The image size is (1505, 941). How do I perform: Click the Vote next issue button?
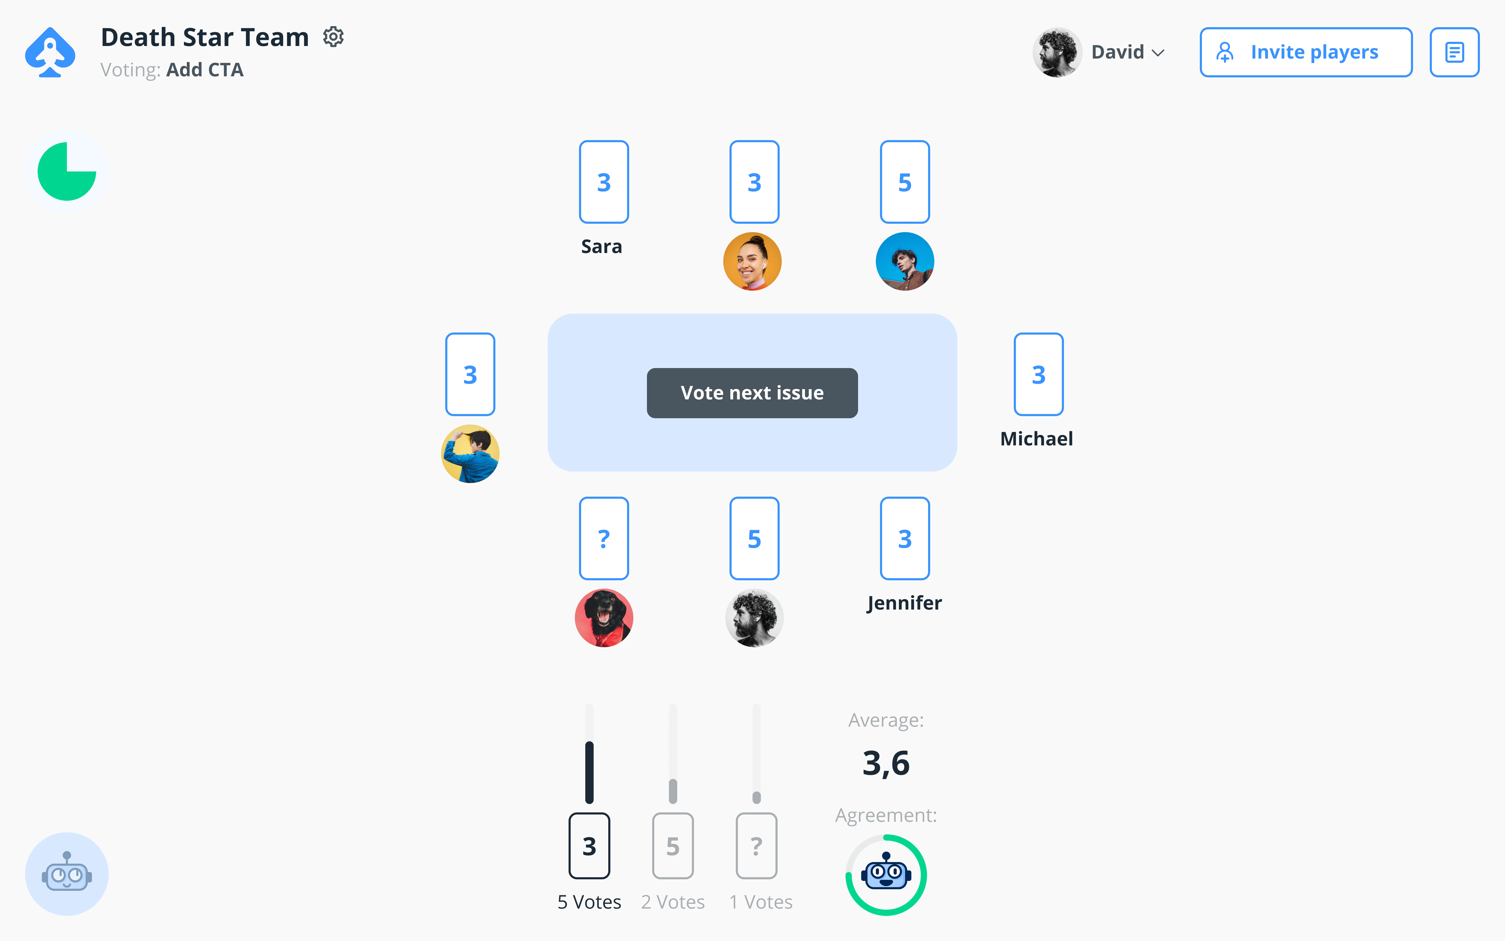pyautogui.click(x=752, y=393)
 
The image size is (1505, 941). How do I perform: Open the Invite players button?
pyautogui.click(x=1305, y=52)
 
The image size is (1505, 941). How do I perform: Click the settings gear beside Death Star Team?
pyautogui.click(x=333, y=37)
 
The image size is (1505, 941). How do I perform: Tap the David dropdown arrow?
pyautogui.click(x=1158, y=53)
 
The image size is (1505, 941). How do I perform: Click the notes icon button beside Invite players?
pyautogui.click(x=1454, y=52)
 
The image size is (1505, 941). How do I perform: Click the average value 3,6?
pyautogui.click(x=885, y=763)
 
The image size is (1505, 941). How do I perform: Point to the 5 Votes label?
pyautogui.click(x=589, y=902)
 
